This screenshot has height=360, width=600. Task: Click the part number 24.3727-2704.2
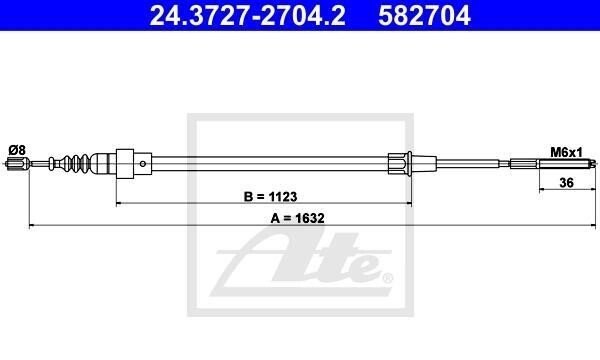pos(248,16)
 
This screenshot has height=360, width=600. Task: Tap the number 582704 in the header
pos(424,16)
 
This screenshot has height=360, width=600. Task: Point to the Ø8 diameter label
pos(17,150)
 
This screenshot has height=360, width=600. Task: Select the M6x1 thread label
pos(566,152)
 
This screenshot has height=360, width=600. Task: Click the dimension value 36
pos(567,183)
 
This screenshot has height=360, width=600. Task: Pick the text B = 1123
pos(271,197)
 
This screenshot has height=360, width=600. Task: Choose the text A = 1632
pos(297,218)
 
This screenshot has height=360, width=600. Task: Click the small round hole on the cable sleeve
pos(143,164)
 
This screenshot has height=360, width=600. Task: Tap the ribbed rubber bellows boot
pos(77,164)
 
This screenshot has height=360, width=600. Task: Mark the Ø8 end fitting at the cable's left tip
pos(17,164)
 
